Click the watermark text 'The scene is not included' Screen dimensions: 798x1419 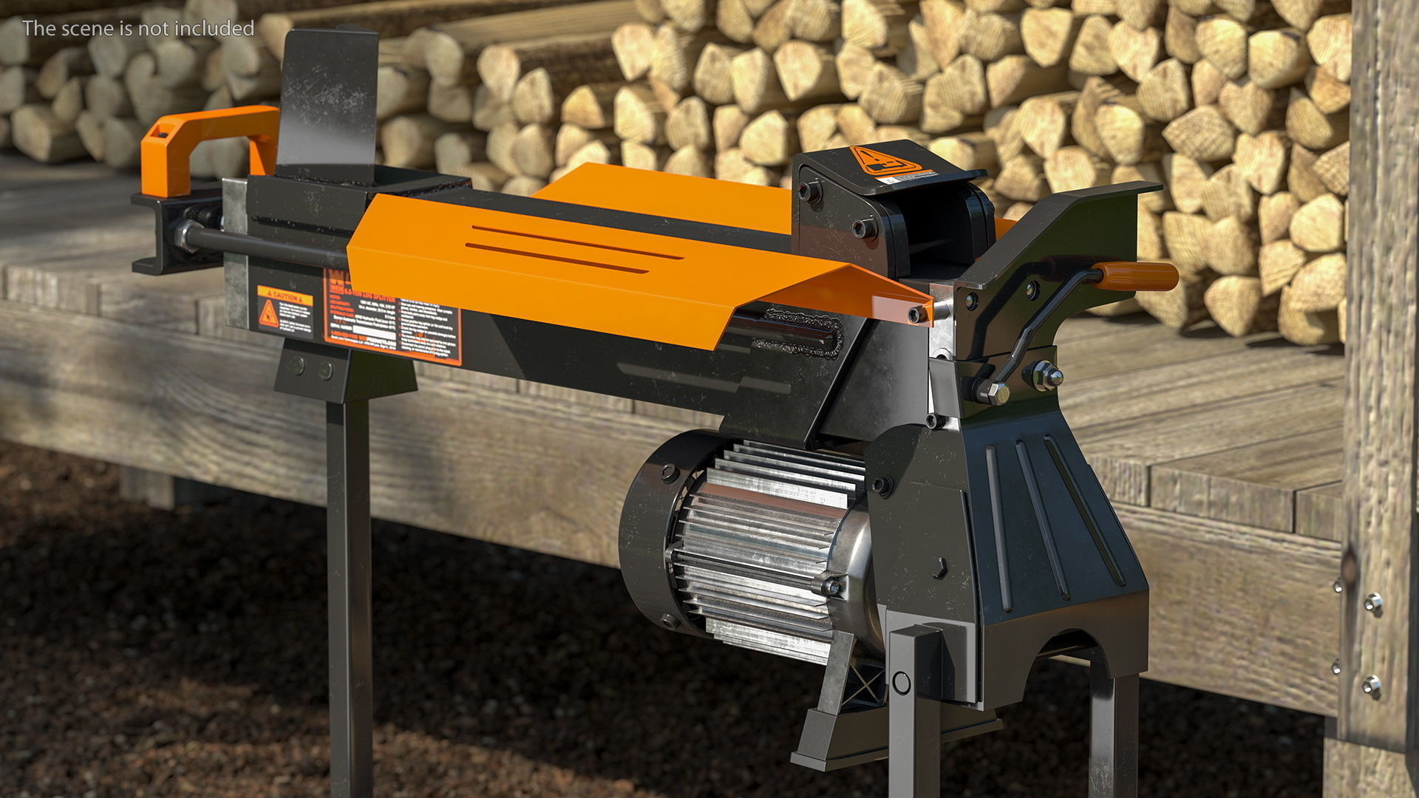(138, 28)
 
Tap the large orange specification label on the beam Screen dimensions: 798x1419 (392, 318)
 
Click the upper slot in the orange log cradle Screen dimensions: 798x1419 (576, 242)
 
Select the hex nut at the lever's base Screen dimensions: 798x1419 (993, 392)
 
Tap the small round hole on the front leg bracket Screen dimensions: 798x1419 (901, 681)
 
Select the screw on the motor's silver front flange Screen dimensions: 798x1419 (831, 587)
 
